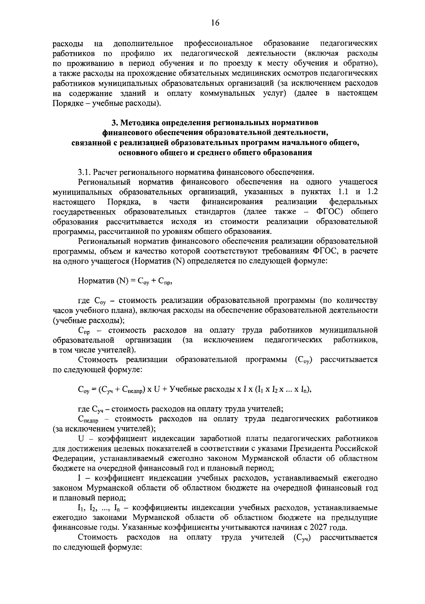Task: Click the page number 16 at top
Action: (x=215, y=23)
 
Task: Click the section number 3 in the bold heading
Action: (x=114, y=123)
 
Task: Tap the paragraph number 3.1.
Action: (x=84, y=172)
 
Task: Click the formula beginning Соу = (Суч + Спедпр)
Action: (x=194, y=389)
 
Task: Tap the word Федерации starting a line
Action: (x=71, y=458)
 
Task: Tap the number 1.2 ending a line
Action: (x=371, y=192)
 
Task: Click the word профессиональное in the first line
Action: (x=218, y=44)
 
